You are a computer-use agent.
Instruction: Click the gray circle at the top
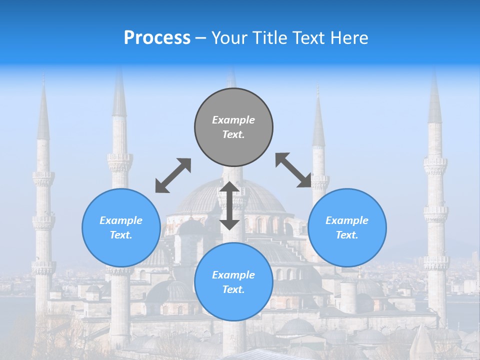[233, 127]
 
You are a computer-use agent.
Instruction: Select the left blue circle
[121, 227]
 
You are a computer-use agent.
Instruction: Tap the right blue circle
[347, 227]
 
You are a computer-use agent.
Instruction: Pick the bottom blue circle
[233, 281]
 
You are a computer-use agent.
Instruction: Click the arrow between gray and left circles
[173, 175]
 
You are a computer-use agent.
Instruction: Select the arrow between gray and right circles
[293, 170]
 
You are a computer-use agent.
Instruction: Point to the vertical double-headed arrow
[229, 205]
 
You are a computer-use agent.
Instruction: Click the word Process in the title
[157, 38]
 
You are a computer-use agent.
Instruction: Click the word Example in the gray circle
[233, 120]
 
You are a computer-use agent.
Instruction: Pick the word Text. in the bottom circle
[233, 289]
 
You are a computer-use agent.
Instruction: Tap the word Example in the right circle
[347, 220]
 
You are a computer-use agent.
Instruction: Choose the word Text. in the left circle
[121, 235]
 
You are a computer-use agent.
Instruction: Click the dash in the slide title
[200, 38]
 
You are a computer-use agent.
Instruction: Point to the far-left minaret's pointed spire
[43, 112]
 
